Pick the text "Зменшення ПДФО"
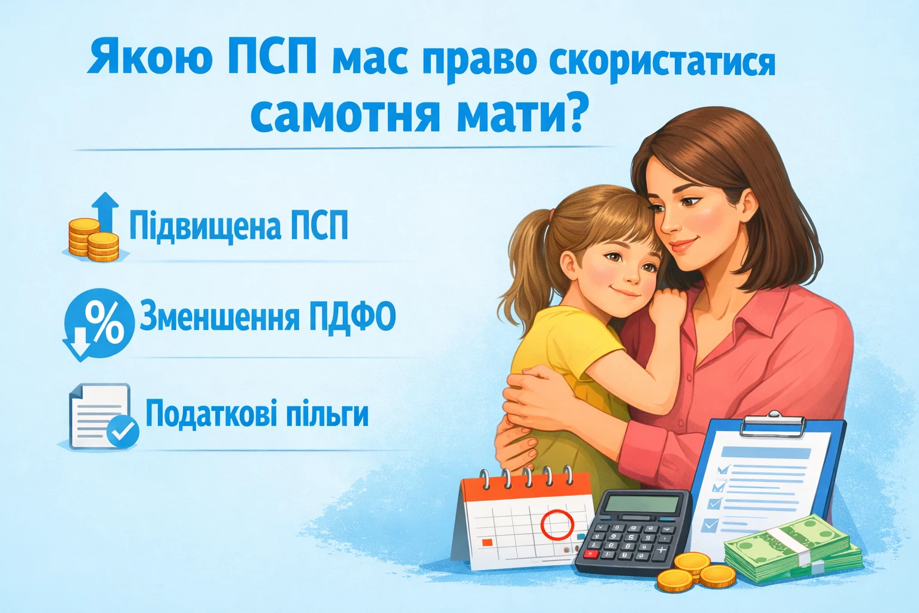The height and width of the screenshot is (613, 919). [x=267, y=317]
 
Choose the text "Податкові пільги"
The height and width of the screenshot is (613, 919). [x=257, y=414]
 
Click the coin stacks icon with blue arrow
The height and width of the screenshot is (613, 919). [x=94, y=230]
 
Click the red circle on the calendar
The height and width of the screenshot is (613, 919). [x=556, y=524]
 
